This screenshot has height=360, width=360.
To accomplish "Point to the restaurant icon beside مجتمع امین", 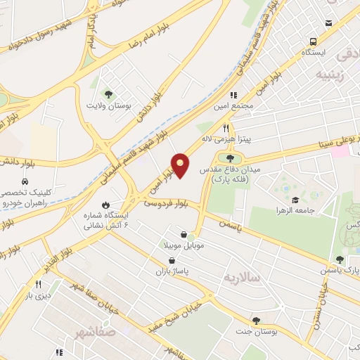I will click(233, 94).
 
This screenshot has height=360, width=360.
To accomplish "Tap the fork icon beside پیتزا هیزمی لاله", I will click(226, 128).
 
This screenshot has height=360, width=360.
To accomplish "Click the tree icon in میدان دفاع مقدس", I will click(230, 157).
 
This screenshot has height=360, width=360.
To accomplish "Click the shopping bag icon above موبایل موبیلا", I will click(184, 234).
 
